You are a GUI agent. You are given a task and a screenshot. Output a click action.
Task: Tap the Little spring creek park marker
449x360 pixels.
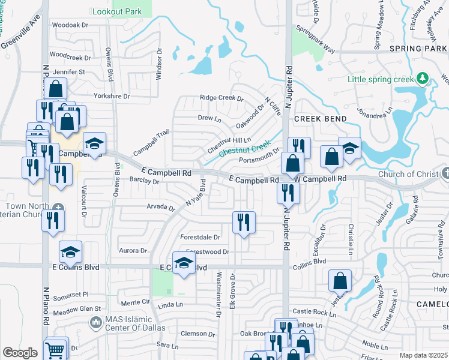(x=423, y=78)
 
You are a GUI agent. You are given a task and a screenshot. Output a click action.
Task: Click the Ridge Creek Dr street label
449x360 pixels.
(x=221, y=98)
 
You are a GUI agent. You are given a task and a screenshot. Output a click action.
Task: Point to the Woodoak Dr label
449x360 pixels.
(x=70, y=25)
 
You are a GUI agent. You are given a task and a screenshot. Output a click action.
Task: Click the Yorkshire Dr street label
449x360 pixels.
(x=112, y=96)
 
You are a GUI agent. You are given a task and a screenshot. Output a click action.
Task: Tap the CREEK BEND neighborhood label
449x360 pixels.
(x=321, y=119)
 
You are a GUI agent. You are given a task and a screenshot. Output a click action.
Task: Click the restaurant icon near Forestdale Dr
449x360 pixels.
(x=244, y=223)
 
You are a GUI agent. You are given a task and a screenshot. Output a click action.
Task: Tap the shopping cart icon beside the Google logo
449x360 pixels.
(x=55, y=349)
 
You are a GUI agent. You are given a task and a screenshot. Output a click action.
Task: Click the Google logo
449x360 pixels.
(x=20, y=353)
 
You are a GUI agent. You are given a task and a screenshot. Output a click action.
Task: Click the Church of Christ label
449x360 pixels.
(x=408, y=175)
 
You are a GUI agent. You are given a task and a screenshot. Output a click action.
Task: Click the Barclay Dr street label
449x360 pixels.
(x=143, y=179)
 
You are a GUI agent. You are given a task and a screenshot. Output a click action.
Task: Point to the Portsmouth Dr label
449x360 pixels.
(x=259, y=158)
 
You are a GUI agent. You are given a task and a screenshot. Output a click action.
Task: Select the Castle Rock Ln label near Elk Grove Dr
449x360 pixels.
(x=311, y=311)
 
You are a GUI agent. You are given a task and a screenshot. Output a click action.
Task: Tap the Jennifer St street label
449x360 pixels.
(x=70, y=72)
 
